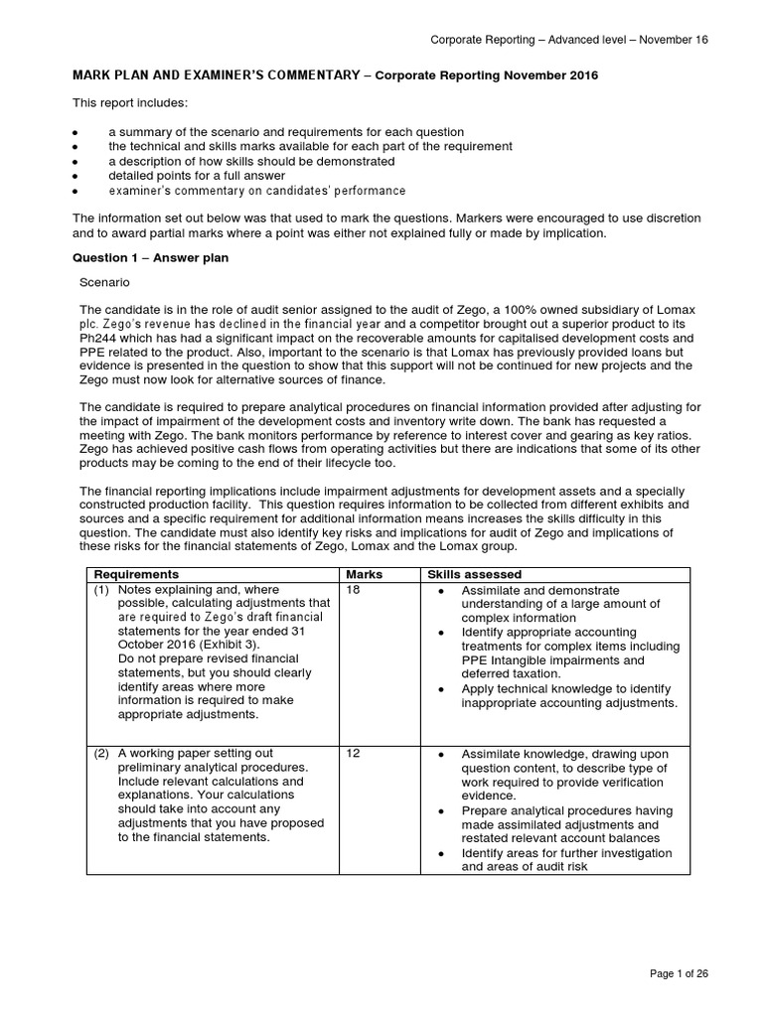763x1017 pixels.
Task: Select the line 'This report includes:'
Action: (x=128, y=103)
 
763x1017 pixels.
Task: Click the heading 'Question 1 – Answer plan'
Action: (x=152, y=257)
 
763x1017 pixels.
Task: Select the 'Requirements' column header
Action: (x=136, y=574)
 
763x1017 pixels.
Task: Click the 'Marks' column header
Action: (x=364, y=574)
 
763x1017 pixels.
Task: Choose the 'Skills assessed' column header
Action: (x=474, y=574)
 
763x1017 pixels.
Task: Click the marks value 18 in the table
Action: (x=353, y=589)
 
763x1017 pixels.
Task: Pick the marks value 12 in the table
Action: (x=353, y=754)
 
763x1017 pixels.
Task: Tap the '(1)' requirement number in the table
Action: (x=101, y=589)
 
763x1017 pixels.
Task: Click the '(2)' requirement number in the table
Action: (x=101, y=754)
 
